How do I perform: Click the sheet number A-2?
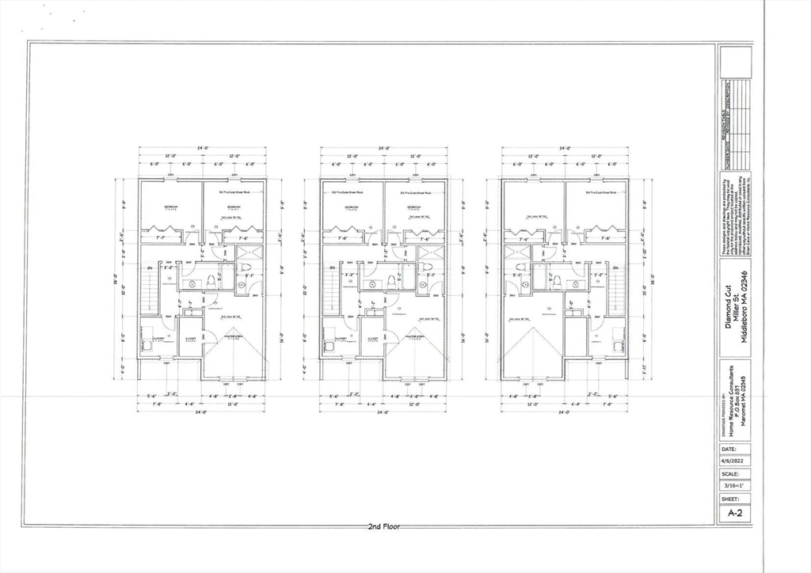735,513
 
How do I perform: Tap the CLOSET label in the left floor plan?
189,338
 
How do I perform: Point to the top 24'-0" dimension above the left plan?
202,148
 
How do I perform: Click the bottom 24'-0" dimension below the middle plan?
383,412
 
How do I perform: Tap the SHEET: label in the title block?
729,499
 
